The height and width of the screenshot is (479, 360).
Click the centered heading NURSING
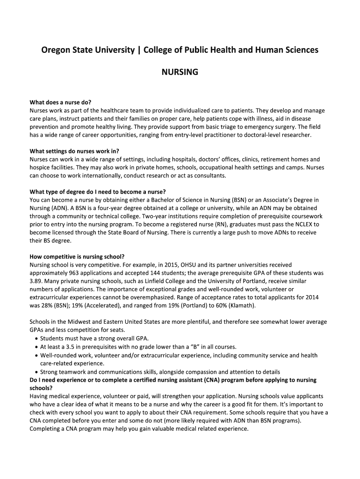coord(180,73)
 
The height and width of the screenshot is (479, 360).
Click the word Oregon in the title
coord(55,50)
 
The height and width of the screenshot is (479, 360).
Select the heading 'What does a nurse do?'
coord(60,102)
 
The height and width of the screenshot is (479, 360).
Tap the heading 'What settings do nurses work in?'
coord(74,151)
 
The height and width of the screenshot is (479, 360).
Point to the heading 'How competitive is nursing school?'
coord(77,256)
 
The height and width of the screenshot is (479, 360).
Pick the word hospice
coord(40,167)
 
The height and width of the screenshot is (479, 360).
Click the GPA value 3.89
coord(36,281)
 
